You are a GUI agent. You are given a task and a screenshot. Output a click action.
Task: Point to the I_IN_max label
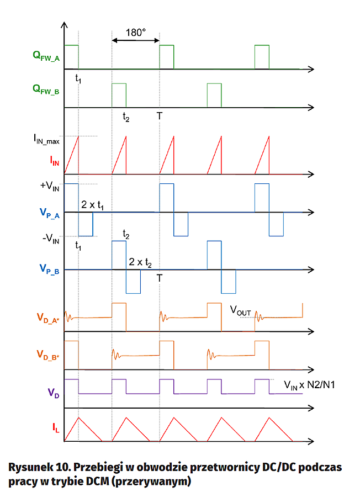[45, 141]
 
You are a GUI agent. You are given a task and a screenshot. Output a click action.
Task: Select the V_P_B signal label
[49, 269]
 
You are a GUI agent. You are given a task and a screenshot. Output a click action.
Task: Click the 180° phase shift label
[135, 33]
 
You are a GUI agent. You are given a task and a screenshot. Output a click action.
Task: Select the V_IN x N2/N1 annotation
[309, 384]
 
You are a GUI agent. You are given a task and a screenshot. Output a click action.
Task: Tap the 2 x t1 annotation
[93, 205]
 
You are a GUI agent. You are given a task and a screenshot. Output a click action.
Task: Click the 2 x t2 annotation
[140, 262]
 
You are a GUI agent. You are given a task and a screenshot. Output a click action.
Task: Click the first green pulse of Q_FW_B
[119, 95]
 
